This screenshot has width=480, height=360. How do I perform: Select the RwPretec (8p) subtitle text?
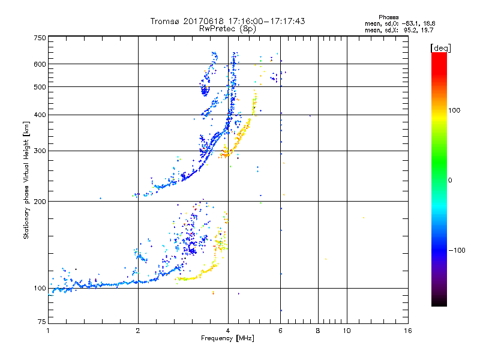point(228,28)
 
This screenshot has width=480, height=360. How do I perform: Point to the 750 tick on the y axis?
point(40,38)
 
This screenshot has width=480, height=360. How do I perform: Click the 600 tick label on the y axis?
point(40,64)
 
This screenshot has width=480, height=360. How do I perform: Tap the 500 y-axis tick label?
point(40,87)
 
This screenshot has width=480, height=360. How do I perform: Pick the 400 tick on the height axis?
point(40,115)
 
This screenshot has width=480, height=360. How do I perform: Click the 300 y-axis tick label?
point(40,151)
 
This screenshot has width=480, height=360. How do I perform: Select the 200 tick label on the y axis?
point(40,202)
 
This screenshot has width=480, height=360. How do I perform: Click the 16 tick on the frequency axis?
point(408,331)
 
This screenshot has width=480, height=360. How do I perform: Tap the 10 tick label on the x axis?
point(346,331)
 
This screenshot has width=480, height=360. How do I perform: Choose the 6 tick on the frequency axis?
point(280,331)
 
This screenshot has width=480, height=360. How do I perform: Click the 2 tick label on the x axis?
point(138,331)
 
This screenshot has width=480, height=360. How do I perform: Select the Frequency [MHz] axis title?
point(228,339)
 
